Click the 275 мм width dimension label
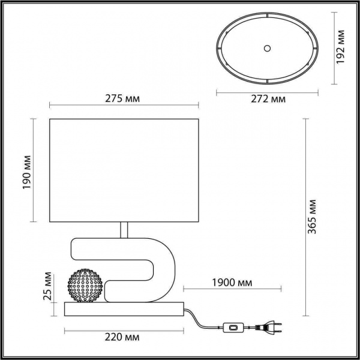122,99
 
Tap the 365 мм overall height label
319,215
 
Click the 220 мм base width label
123,338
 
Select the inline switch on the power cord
231,328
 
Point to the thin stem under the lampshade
124,230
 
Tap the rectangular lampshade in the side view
123,170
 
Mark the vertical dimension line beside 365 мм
305,217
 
